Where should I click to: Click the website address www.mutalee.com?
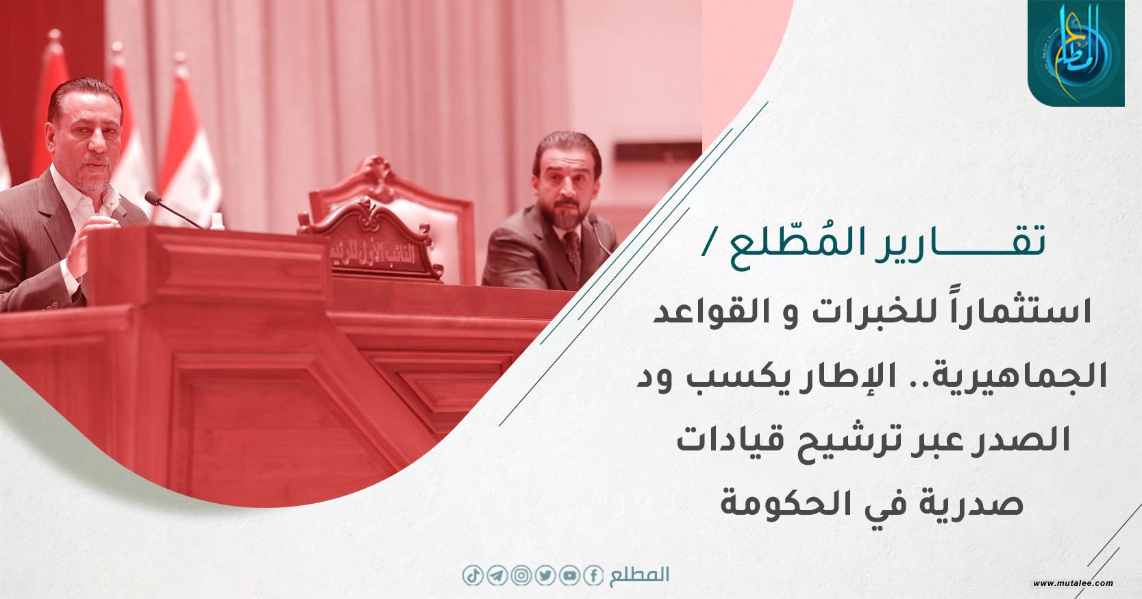pyautogui.click(x=1073, y=583)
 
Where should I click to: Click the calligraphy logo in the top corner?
pyautogui.click(x=1076, y=53)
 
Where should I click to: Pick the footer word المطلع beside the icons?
pyautogui.click(x=638, y=575)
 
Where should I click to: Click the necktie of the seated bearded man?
pyautogui.click(x=573, y=250)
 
